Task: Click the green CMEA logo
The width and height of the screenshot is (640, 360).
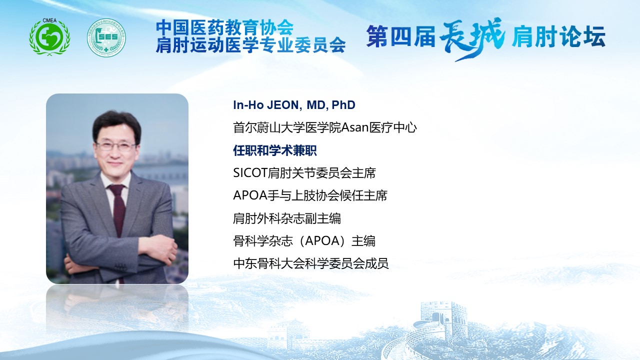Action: [x=49, y=37]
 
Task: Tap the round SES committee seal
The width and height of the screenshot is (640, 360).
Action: [x=106, y=37]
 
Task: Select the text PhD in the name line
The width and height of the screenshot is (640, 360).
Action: [x=343, y=105]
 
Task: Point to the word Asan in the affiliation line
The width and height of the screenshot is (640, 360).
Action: [x=355, y=127]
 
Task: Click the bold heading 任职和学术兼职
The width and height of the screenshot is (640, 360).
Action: [x=275, y=150]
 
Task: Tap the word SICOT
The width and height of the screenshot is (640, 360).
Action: [x=250, y=173]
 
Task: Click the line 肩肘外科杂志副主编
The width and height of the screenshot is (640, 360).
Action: [x=287, y=218]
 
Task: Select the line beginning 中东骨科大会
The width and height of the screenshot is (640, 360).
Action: [x=311, y=263]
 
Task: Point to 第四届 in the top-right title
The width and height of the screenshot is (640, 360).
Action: [x=400, y=36]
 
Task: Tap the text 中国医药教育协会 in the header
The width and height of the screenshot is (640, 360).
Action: [x=225, y=27]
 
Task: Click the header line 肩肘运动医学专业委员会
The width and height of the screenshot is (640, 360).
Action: [x=251, y=45]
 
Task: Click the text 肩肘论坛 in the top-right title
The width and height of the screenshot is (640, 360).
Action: [x=558, y=36]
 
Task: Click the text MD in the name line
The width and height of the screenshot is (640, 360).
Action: [x=316, y=105]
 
